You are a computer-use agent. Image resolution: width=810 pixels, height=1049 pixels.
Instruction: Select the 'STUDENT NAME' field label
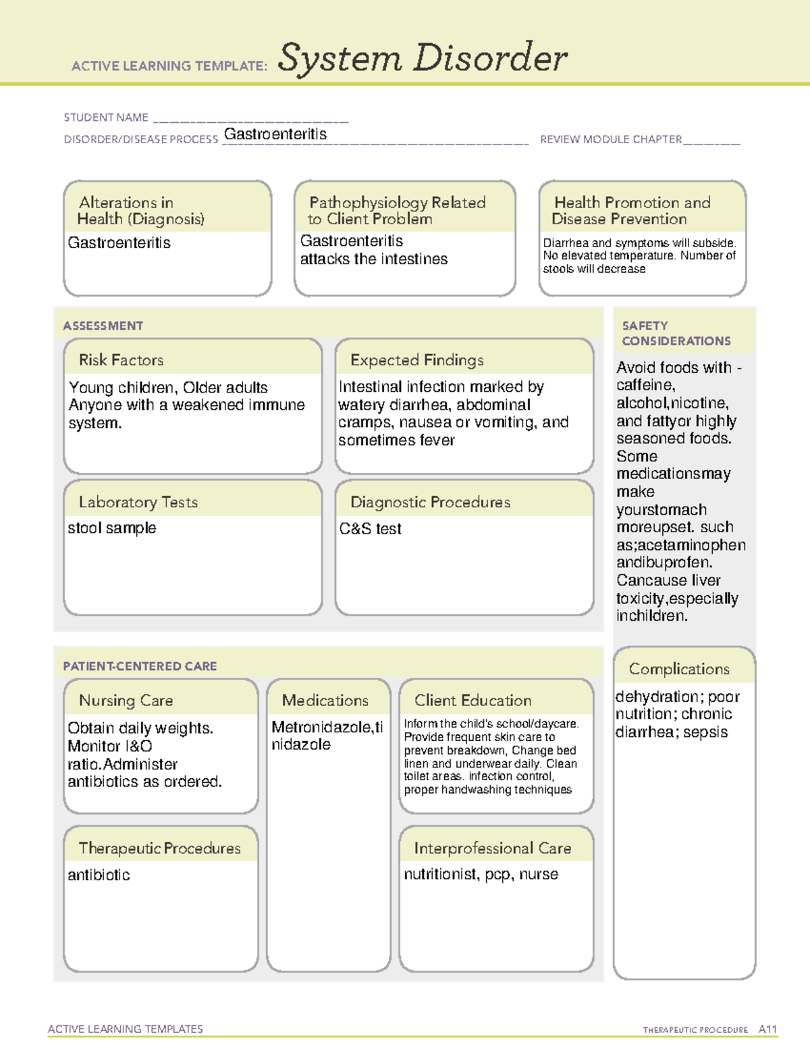point(106,118)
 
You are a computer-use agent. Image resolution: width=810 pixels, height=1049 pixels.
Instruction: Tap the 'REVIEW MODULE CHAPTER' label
point(611,139)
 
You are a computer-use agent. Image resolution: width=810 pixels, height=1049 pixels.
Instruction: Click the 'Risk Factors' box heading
point(121,360)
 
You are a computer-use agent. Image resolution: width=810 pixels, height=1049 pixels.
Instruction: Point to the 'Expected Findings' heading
point(416,360)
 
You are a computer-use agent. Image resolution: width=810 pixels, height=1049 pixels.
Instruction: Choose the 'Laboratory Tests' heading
point(138,502)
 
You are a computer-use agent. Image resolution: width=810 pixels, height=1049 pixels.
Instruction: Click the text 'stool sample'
point(111,528)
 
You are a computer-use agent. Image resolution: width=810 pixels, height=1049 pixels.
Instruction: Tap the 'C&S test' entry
point(370,529)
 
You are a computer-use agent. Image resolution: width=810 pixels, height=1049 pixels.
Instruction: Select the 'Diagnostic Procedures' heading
point(430,502)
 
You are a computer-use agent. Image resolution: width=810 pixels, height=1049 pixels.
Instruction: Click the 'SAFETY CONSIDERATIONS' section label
point(676,334)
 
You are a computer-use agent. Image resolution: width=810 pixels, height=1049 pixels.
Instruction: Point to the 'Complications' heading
point(679,669)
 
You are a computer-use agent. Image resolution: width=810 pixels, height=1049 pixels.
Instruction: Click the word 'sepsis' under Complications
point(705,732)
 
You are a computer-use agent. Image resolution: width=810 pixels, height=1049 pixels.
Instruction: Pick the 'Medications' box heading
point(325,700)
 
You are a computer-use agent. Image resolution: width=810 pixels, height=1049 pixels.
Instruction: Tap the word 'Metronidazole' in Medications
point(321,727)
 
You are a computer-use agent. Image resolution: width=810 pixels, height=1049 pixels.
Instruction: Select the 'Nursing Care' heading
point(126,700)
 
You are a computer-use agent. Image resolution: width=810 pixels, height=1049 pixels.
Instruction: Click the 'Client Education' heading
point(473,700)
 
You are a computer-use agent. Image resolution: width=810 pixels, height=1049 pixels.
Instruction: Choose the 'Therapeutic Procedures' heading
point(159,848)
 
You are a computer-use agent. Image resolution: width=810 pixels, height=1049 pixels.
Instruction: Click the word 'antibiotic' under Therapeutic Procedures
point(99,875)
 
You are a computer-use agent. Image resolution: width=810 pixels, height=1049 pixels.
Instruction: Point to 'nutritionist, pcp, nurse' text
point(481,874)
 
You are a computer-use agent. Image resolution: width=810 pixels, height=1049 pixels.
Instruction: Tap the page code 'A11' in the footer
point(767,1029)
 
